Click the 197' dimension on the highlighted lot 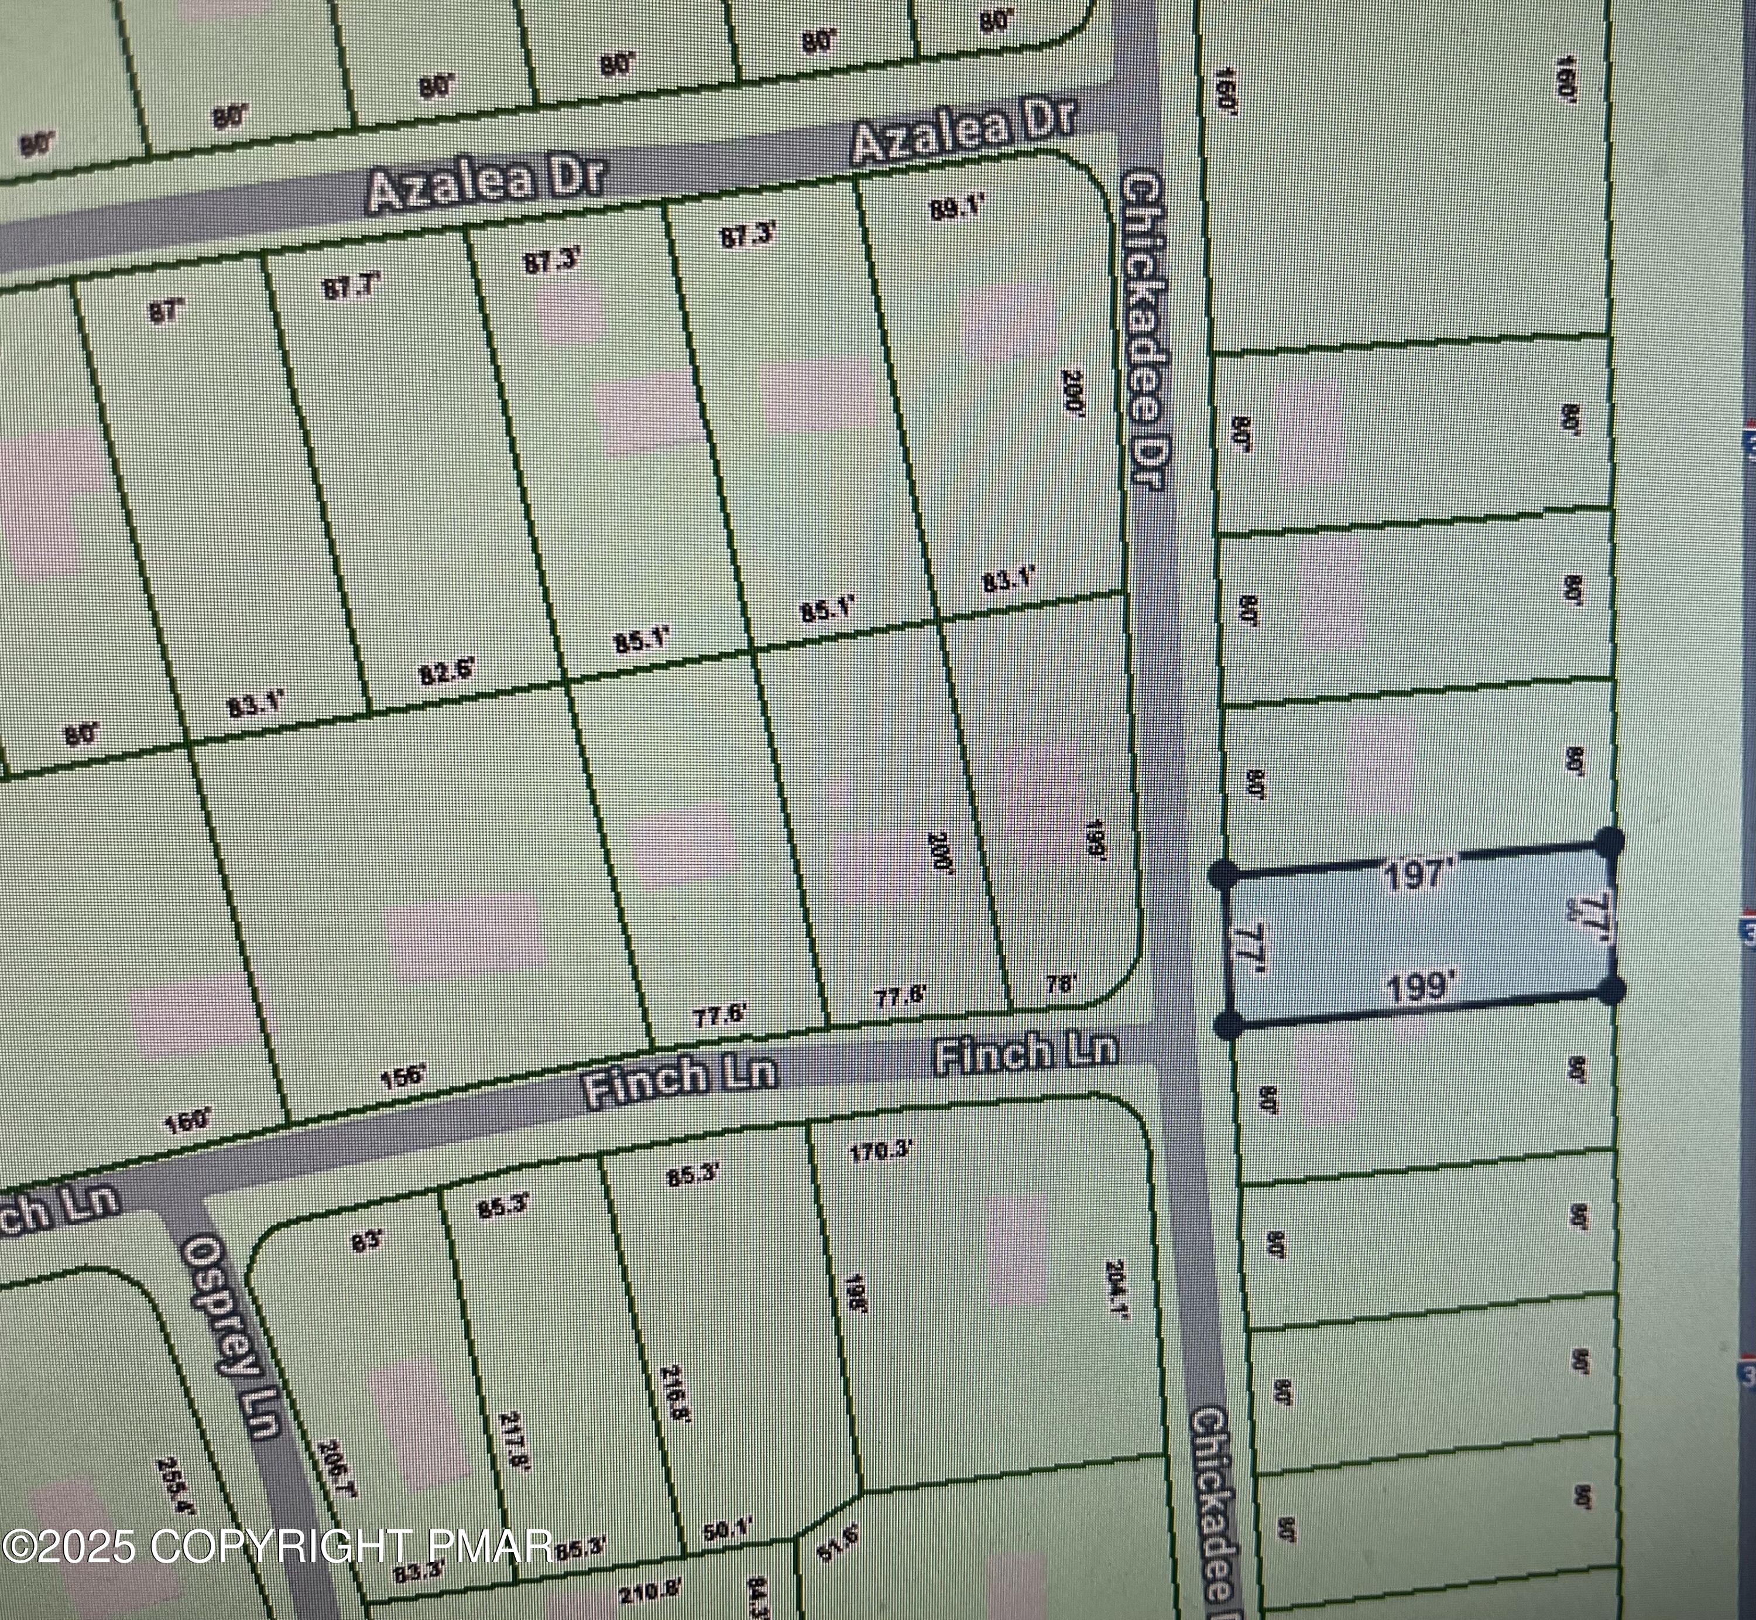point(1417,874)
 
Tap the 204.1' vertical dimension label point(1116,1301)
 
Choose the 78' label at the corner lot point(1060,984)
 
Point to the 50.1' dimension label point(728,1530)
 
